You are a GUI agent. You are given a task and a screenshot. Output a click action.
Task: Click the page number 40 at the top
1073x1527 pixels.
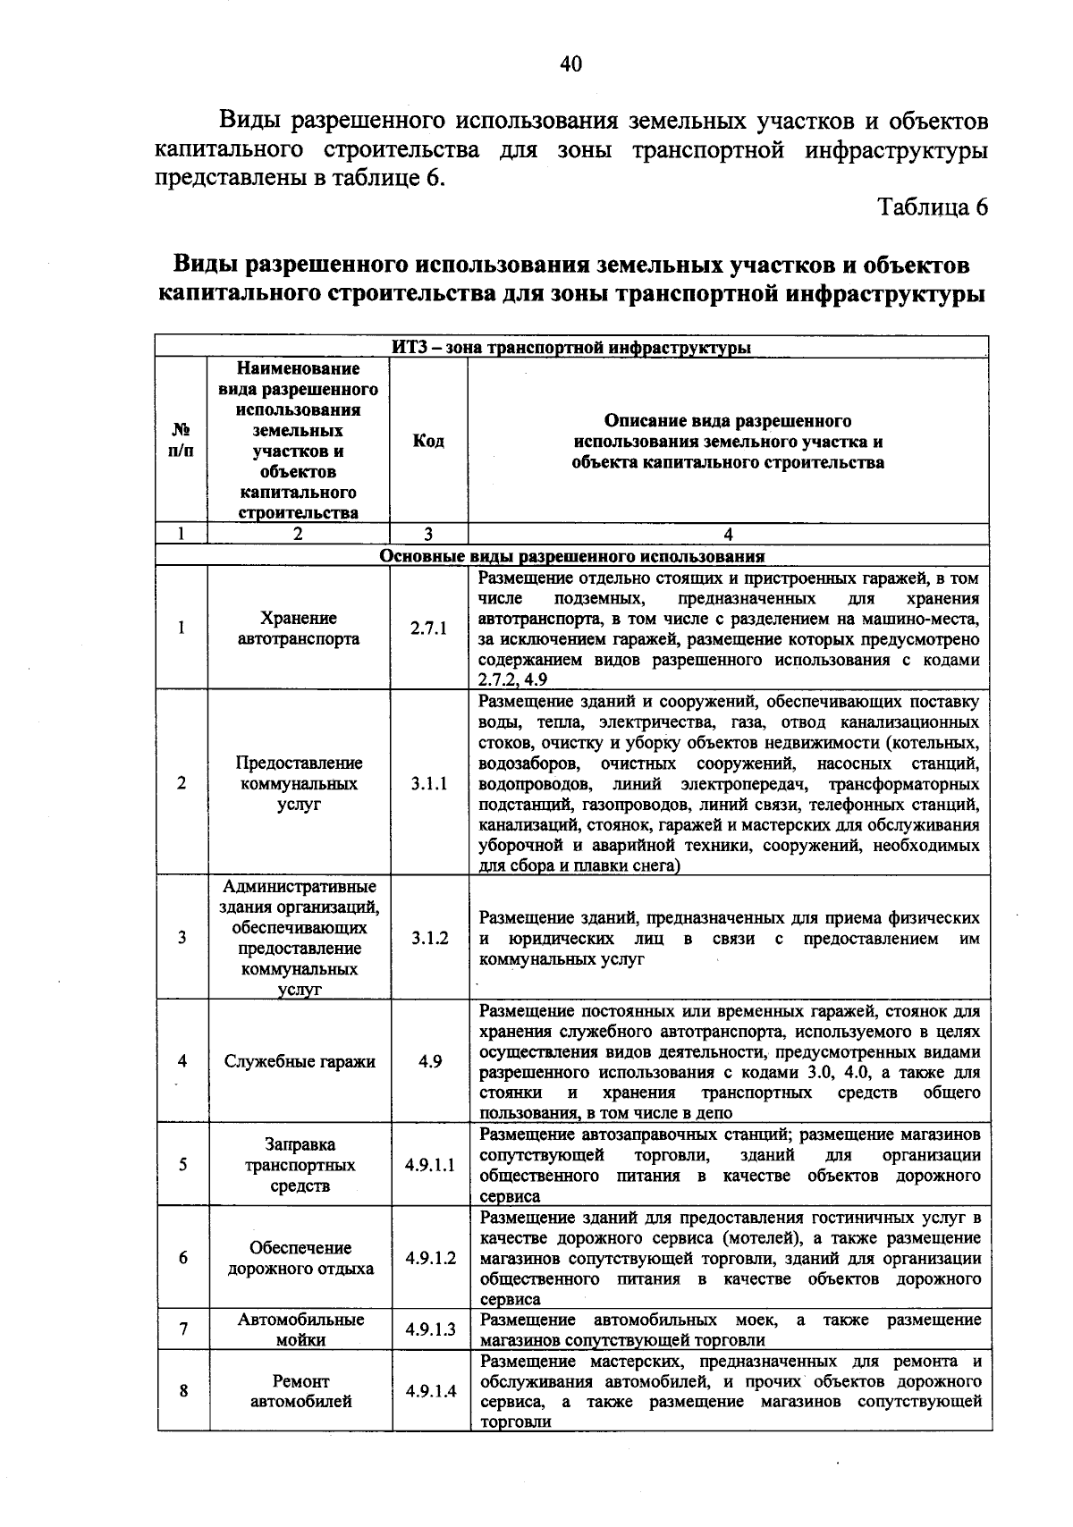(x=570, y=63)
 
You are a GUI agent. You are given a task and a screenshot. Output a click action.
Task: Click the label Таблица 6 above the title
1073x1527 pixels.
(x=933, y=207)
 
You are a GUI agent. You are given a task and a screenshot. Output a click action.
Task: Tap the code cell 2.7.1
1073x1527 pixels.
(x=428, y=629)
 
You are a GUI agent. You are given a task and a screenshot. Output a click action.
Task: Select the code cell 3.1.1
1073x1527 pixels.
(x=428, y=783)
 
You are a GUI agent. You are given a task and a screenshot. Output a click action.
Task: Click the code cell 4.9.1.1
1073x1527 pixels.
(x=429, y=1165)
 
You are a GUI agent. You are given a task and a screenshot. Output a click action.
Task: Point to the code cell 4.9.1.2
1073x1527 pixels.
(x=430, y=1258)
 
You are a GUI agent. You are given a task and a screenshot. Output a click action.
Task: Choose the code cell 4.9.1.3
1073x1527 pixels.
(x=430, y=1329)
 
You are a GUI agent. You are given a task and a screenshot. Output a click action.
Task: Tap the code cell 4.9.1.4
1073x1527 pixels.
(x=430, y=1391)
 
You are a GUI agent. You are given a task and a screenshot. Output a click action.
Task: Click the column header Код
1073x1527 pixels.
(x=428, y=441)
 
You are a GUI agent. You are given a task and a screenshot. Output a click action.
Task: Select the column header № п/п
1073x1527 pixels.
(x=182, y=441)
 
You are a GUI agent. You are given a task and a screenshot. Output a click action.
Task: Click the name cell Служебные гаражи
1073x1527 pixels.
(x=300, y=1061)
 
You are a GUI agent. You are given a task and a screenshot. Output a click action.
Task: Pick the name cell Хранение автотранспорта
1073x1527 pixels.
(x=299, y=629)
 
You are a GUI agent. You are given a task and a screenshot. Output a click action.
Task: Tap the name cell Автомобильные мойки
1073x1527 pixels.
(x=300, y=1329)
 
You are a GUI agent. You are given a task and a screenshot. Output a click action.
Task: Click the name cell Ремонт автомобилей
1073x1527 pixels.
(x=300, y=1391)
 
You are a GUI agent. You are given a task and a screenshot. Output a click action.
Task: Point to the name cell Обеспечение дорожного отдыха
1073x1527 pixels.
(x=300, y=1258)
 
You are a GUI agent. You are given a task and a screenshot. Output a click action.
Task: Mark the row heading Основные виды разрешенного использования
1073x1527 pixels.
(x=572, y=556)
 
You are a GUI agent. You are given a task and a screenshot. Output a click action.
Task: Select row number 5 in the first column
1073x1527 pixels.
(x=182, y=1165)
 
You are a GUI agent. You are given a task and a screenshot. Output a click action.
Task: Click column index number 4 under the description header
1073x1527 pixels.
(x=728, y=535)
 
